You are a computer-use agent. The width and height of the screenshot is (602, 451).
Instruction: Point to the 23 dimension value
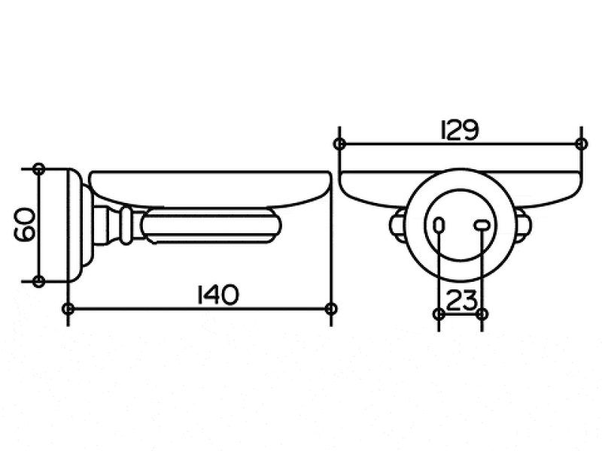[x=461, y=300]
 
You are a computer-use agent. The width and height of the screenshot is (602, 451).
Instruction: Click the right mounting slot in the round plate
[x=480, y=224]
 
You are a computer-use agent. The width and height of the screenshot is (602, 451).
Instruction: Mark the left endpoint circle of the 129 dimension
[x=340, y=143]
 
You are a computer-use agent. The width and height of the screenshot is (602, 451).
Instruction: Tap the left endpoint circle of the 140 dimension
[x=68, y=308]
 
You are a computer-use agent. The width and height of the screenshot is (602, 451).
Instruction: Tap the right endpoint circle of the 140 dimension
[x=332, y=308]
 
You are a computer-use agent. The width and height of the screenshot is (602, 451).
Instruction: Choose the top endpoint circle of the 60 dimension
[x=39, y=168]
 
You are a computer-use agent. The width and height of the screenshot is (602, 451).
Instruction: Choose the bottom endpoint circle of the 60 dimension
[x=39, y=281]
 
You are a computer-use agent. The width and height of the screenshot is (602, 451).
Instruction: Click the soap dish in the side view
[x=211, y=188]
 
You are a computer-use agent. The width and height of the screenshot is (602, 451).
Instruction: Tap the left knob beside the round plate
[x=396, y=224]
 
